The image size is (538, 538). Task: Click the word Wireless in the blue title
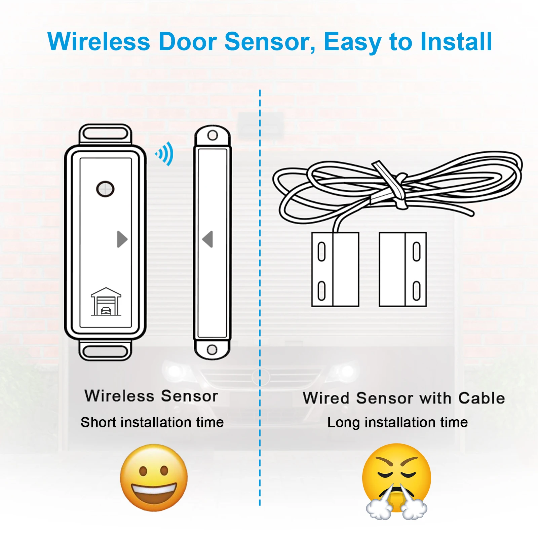click(x=99, y=42)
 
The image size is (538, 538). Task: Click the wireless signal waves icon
click(x=165, y=154)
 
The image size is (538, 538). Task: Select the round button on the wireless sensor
click(x=105, y=189)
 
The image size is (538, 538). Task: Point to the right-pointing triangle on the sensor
click(x=122, y=239)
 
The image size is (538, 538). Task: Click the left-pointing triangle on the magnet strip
click(x=208, y=239)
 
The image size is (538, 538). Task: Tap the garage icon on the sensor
click(x=106, y=302)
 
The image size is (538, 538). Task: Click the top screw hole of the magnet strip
click(x=213, y=136)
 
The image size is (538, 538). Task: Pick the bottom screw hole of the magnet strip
click(x=212, y=349)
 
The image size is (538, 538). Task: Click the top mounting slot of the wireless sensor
click(x=105, y=134)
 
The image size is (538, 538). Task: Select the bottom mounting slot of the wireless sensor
click(x=105, y=351)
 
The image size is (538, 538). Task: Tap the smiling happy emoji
click(x=154, y=477)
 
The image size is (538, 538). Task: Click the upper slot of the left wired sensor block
click(x=322, y=252)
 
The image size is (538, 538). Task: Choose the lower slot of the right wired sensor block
click(x=417, y=291)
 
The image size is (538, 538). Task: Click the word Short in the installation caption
click(x=98, y=422)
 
